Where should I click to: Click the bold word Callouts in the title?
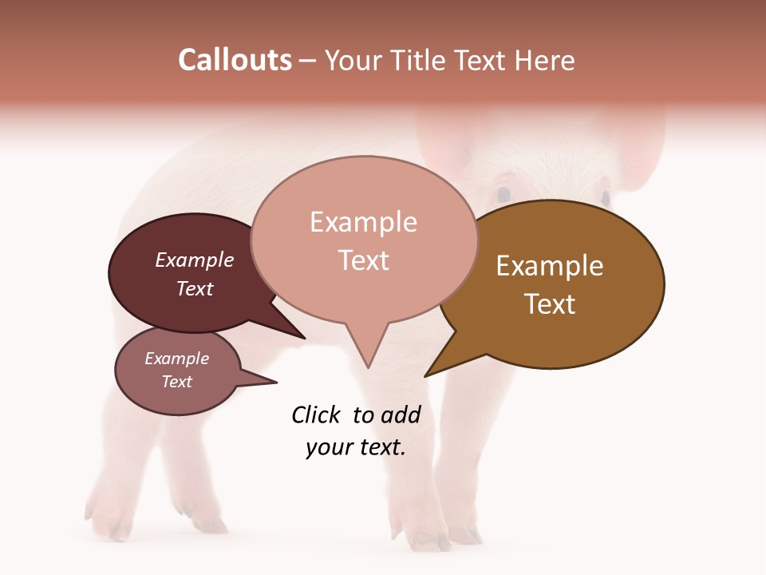point(235,60)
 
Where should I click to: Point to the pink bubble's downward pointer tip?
point(368,367)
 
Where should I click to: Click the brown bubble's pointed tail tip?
point(426,375)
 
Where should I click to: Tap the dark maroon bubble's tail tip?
point(304,338)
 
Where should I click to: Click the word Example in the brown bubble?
point(550,266)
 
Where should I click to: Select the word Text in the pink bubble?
point(364,260)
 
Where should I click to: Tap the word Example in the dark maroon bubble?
point(195,260)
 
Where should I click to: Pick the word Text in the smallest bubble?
point(177,382)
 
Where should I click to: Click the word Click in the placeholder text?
point(316,414)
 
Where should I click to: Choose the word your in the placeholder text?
point(329,447)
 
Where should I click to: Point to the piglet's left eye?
point(503,194)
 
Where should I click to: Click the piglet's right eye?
point(606,196)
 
